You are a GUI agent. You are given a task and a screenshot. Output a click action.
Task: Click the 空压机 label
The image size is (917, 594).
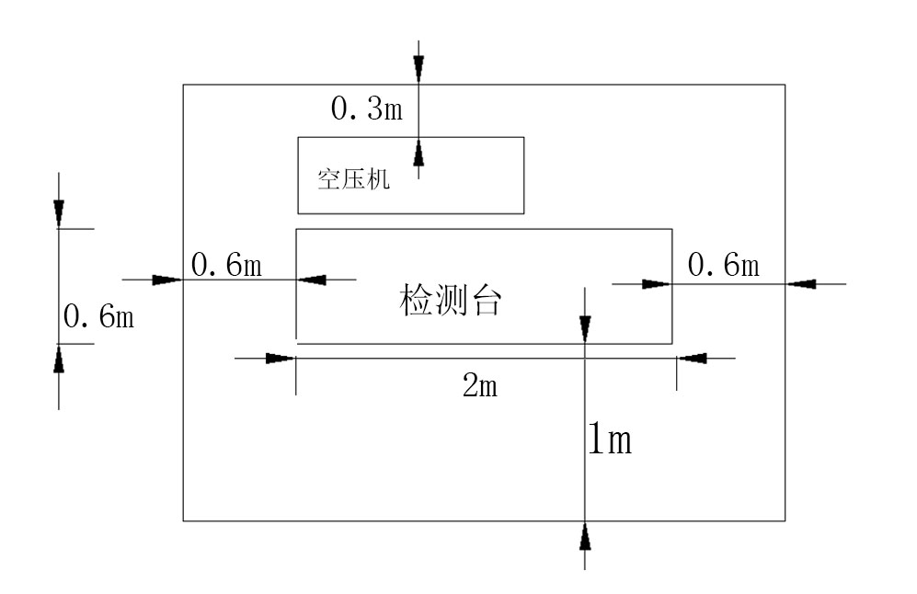point(354,178)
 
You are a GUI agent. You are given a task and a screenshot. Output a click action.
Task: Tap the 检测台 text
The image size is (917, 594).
point(452,301)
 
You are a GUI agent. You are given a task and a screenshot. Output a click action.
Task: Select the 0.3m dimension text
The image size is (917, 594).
point(366,109)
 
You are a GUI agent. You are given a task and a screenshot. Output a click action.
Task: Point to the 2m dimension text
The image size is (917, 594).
point(480,386)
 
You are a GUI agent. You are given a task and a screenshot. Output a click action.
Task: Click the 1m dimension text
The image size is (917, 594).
point(610,441)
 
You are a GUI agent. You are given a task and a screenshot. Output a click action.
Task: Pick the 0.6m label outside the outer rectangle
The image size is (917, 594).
point(98,317)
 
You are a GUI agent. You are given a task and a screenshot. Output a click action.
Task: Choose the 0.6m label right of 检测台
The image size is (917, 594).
point(724,266)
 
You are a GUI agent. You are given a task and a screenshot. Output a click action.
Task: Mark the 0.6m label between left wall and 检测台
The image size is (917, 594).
point(226,266)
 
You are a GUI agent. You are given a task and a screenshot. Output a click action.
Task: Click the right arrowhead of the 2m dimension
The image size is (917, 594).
point(692,358)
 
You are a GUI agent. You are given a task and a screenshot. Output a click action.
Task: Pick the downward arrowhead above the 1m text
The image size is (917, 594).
point(585,329)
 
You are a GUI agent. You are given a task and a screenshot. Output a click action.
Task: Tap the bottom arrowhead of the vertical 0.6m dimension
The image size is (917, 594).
point(59,359)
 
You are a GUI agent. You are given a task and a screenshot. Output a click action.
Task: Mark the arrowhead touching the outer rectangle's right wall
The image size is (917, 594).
point(800,284)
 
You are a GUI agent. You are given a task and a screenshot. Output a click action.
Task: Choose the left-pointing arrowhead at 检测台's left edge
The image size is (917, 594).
point(311,279)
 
